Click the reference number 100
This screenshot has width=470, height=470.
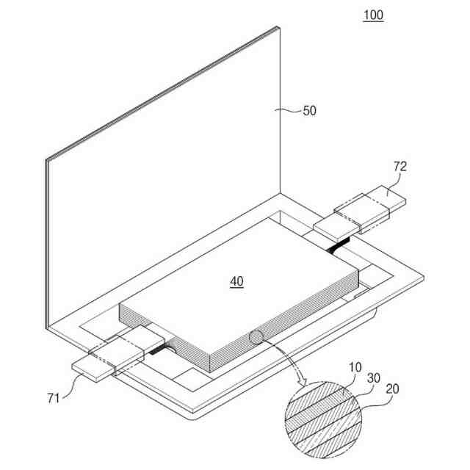373,15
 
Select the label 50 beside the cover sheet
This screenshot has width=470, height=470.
310,111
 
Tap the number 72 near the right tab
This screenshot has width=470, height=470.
399,167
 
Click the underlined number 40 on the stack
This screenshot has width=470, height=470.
236,281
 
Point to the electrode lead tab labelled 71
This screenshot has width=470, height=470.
110,358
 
